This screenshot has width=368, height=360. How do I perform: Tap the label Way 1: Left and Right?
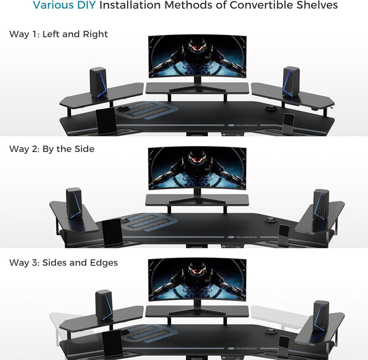coord(58,34)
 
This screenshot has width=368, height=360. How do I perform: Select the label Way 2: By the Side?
coord(52,149)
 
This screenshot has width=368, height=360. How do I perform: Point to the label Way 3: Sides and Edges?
coord(64,262)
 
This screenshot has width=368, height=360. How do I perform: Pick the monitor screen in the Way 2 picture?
coord(197,169)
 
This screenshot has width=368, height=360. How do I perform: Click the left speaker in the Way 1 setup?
coord(98,82)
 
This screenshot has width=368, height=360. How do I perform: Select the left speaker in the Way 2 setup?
coord(74,203)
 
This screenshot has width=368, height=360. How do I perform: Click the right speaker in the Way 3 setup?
coord(321,315)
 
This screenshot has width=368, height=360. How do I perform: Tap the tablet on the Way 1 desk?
coord(106,121)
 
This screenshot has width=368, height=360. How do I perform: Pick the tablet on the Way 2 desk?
coord(112,231)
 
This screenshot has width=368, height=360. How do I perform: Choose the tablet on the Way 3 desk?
coord(111,344)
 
